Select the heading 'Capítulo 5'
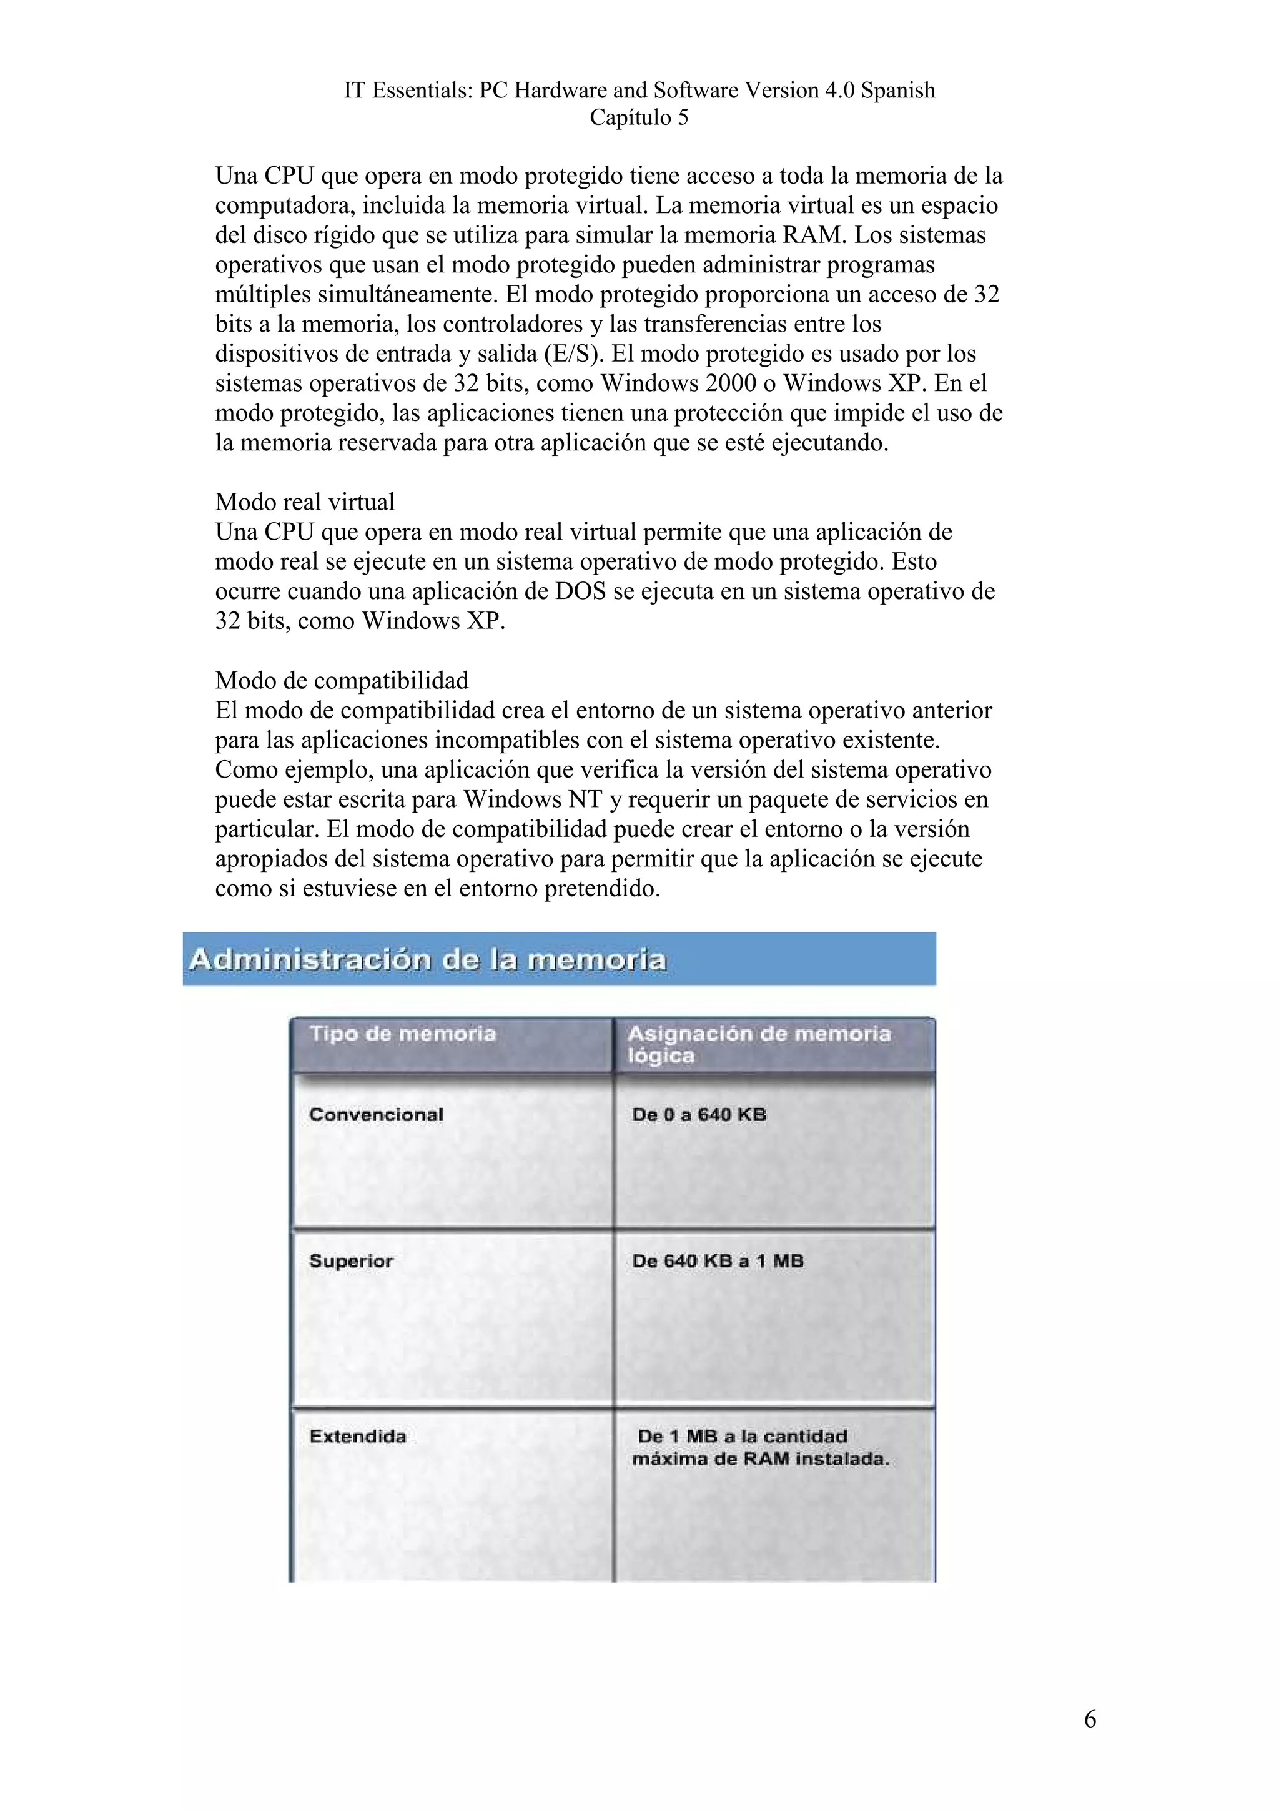point(639,117)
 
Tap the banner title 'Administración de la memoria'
point(428,959)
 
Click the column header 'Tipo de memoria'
point(402,1034)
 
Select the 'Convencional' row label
point(376,1115)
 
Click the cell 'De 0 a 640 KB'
point(698,1115)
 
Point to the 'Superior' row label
point(351,1260)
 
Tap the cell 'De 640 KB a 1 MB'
point(717,1260)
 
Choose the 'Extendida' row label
point(358,1435)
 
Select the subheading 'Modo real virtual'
point(305,502)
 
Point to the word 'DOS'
point(580,591)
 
